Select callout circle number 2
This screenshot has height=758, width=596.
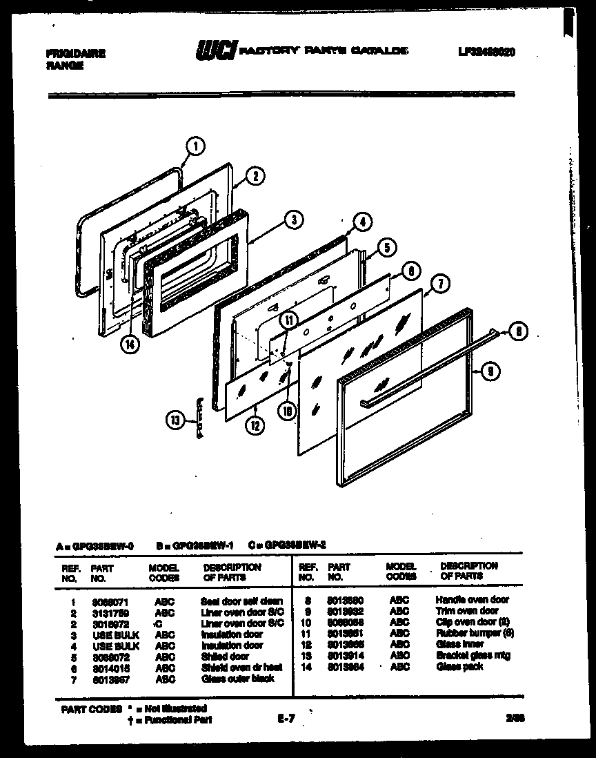255,176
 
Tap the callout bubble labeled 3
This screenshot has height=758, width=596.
294,220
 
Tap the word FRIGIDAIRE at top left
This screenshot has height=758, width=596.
75,53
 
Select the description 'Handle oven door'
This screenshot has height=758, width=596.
472,600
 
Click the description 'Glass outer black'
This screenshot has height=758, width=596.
237,679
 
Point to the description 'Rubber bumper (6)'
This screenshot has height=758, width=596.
475,633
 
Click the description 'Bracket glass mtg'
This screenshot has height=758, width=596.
473,655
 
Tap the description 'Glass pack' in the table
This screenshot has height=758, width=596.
459,667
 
